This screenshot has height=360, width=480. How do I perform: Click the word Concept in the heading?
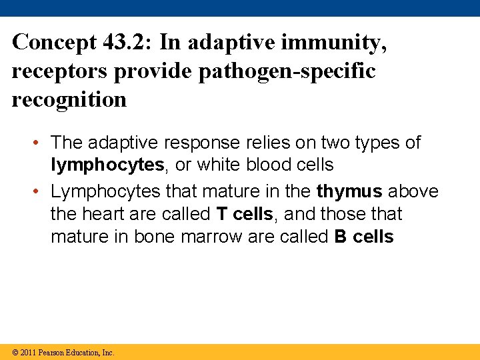pyautogui.click(x=55, y=42)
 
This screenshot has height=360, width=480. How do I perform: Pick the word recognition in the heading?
pyautogui.click(x=69, y=99)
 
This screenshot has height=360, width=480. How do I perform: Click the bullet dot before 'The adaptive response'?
pyautogui.click(x=39, y=143)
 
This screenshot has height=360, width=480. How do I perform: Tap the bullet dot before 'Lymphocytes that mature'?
pyautogui.click(x=39, y=191)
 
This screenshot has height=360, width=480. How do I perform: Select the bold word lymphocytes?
pyautogui.click(x=107, y=165)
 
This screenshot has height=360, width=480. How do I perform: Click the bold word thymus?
pyautogui.click(x=349, y=191)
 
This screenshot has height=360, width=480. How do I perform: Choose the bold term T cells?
pyautogui.click(x=245, y=214)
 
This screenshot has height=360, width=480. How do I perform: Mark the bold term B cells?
pyautogui.click(x=364, y=237)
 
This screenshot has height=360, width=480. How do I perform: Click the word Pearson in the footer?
pyautogui.click(x=53, y=353)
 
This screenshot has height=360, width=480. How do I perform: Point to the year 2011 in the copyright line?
pyautogui.click(x=28, y=353)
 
